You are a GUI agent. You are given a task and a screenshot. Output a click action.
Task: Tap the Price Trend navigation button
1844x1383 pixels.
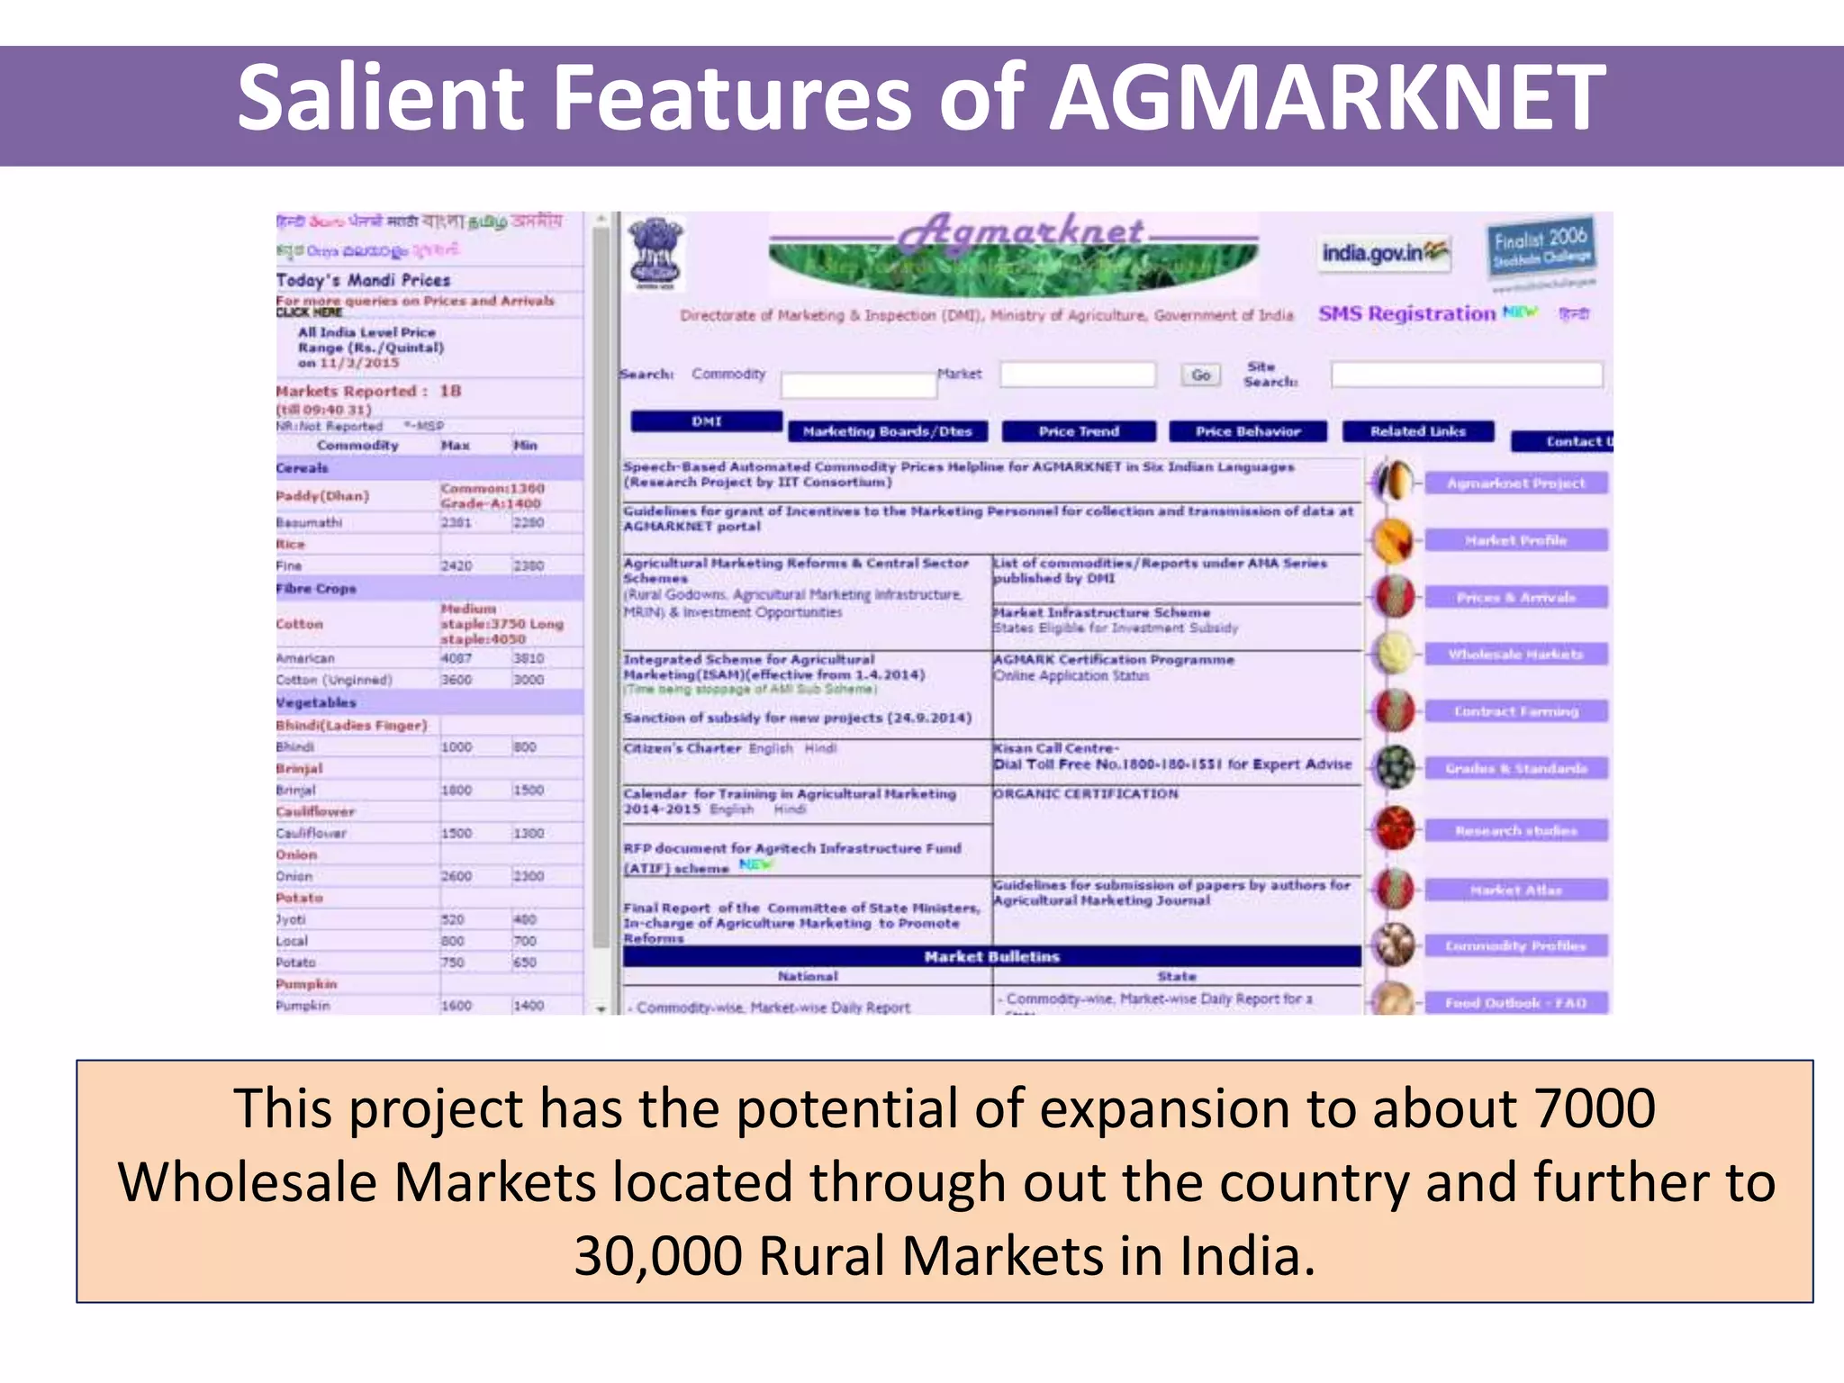pyautogui.click(x=1079, y=431)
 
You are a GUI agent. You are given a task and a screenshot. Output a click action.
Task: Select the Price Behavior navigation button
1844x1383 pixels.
pyautogui.click(x=1248, y=431)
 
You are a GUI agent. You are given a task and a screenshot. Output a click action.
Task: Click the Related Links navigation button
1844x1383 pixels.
pyautogui.click(x=1418, y=431)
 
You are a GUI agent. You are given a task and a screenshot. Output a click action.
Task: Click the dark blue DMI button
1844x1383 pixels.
pyautogui.click(x=707, y=420)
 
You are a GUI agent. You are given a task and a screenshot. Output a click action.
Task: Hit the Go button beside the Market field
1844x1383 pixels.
pyautogui.click(x=1200, y=375)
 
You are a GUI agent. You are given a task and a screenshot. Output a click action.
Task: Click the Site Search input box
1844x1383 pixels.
pyautogui.click(x=1467, y=375)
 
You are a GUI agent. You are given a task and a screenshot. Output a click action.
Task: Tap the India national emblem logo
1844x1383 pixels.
pyautogui.click(x=655, y=253)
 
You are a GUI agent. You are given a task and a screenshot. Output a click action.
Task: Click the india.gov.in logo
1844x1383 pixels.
pyautogui.click(x=1384, y=253)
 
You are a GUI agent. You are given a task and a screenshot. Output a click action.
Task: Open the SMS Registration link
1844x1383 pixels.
pyautogui.click(x=1406, y=313)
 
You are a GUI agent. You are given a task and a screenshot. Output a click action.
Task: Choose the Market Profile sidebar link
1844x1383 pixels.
pyautogui.click(x=1515, y=540)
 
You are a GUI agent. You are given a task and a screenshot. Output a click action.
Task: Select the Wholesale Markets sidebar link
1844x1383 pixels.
pyautogui.click(x=1515, y=654)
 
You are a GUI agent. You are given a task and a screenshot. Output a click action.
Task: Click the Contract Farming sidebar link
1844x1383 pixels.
pyautogui.click(x=1515, y=711)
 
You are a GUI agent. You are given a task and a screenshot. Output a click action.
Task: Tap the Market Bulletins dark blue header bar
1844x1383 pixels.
pyautogui.click(x=991, y=956)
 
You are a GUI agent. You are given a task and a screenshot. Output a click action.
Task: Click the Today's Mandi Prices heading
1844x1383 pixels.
pyautogui.click(x=363, y=280)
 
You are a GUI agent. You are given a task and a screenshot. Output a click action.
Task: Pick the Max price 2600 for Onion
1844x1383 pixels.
pyautogui.click(x=456, y=876)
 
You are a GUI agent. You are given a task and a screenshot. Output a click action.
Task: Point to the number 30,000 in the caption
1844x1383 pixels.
pyautogui.click(x=658, y=1255)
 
